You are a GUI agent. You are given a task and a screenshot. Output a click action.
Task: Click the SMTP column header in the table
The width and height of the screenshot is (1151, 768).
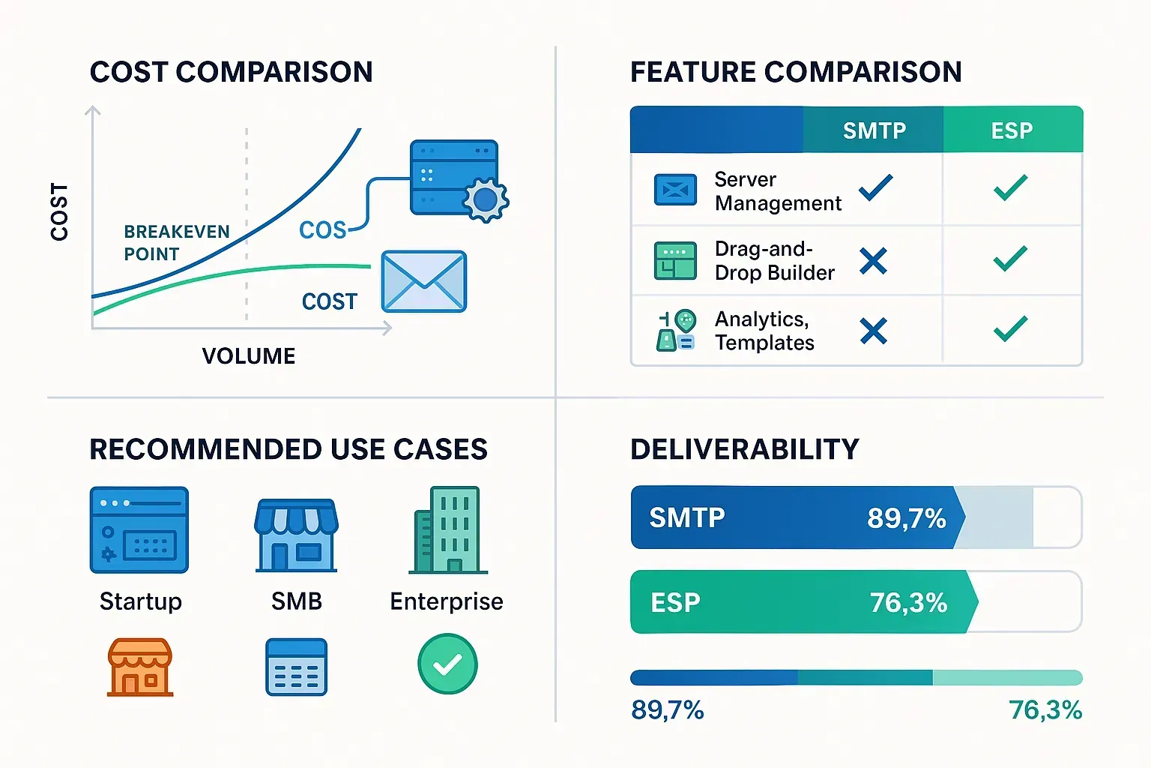tap(874, 130)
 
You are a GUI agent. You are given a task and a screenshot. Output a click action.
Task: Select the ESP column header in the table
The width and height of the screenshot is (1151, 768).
tap(1012, 130)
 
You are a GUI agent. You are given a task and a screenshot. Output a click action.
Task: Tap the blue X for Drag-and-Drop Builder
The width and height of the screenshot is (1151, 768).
tap(873, 261)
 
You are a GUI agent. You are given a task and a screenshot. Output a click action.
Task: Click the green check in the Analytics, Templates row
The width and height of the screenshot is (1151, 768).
tap(1010, 328)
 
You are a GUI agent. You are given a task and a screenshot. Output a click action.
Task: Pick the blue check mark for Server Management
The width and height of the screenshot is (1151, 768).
tap(875, 187)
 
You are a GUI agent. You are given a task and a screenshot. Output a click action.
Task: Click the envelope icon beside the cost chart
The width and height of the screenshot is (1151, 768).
tap(423, 282)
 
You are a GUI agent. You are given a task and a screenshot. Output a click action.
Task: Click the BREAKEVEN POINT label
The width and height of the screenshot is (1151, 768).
tap(176, 243)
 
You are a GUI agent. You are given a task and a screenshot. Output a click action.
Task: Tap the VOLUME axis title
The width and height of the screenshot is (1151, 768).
tap(249, 355)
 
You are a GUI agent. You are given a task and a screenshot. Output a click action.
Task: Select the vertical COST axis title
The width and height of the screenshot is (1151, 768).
tap(59, 211)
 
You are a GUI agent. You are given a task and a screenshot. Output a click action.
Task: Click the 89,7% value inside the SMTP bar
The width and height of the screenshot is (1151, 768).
tap(906, 518)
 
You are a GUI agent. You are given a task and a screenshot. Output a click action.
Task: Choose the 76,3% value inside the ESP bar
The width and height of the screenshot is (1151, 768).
tap(908, 602)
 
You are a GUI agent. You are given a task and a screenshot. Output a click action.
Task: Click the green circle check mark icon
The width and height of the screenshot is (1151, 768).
tap(447, 664)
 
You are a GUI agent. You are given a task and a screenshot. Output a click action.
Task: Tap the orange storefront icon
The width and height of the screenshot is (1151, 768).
tap(140, 667)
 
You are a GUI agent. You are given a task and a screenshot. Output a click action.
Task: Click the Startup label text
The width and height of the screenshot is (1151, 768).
tap(141, 601)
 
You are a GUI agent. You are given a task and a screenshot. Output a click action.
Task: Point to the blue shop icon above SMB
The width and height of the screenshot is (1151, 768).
tap(296, 535)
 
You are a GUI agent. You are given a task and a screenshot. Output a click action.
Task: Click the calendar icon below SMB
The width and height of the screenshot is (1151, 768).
tap(297, 667)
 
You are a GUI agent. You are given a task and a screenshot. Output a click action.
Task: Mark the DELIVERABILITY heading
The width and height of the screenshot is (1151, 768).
tap(744, 449)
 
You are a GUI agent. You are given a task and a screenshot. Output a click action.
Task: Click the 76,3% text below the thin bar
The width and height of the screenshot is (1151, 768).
tap(1045, 709)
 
